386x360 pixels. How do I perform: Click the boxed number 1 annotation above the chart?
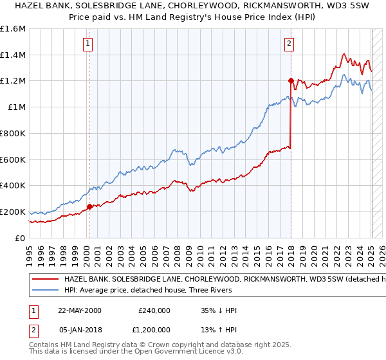click(x=87, y=44)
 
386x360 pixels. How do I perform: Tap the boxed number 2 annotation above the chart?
click(x=289, y=44)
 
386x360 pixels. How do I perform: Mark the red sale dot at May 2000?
click(x=89, y=206)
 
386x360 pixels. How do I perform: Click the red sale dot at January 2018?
click(x=291, y=81)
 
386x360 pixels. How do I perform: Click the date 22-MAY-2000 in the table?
click(x=80, y=310)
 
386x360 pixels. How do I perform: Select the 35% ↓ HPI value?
click(x=218, y=310)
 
